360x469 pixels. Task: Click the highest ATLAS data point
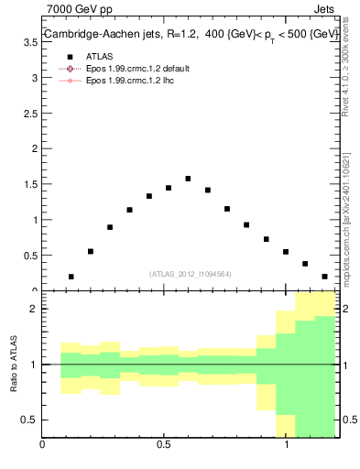click(188, 179)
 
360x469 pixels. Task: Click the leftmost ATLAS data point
click(71, 277)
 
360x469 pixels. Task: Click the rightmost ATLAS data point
click(324, 277)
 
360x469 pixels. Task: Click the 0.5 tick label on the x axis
click(164, 446)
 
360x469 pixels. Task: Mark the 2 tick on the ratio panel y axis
click(34, 309)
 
